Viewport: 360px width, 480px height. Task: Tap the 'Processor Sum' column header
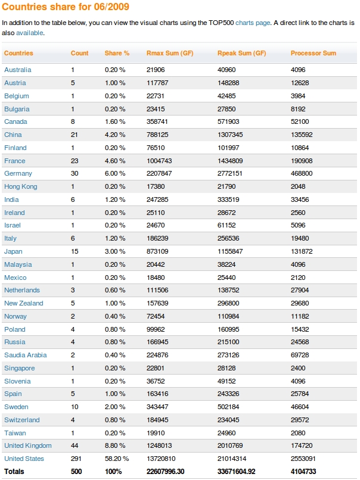(313, 54)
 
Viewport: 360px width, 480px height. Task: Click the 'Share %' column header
(117, 54)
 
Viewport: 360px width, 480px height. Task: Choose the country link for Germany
(18, 174)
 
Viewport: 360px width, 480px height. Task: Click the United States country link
(24, 459)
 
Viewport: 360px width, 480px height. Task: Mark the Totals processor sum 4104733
(304, 472)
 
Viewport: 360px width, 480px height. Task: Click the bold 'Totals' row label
(14, 472)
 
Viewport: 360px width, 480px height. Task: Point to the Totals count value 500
(76, 472)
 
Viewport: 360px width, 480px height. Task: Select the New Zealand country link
(24, 304)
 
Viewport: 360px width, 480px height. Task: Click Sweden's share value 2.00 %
(115, 407)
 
